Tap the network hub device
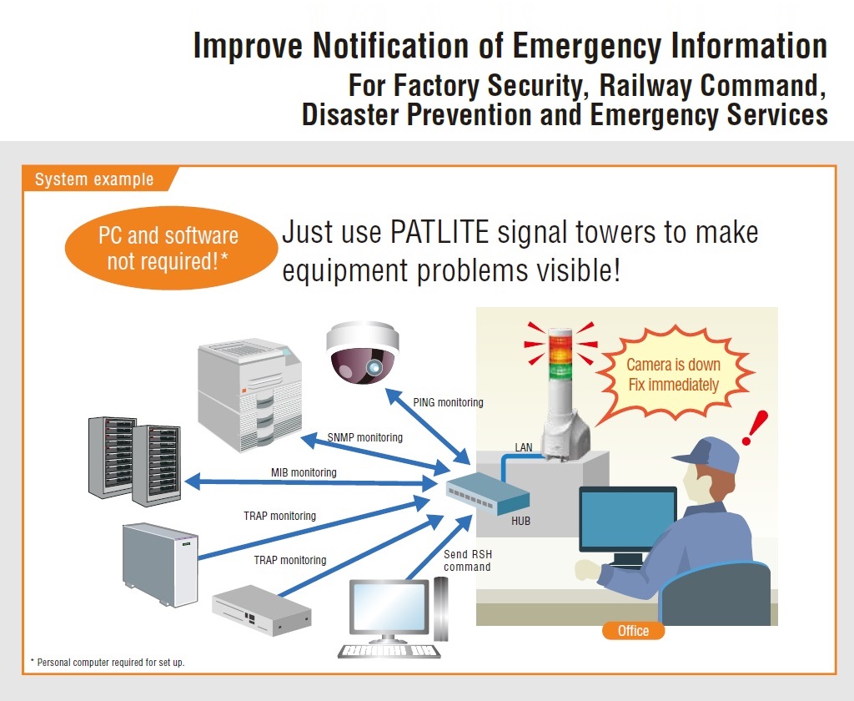click(487, 492)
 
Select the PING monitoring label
click(448, 402)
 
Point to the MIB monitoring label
click(304, 472)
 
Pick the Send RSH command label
click(467, 561)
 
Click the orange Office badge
click(633, 631)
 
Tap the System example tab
click(94, 179)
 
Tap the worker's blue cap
click(706, 452)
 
